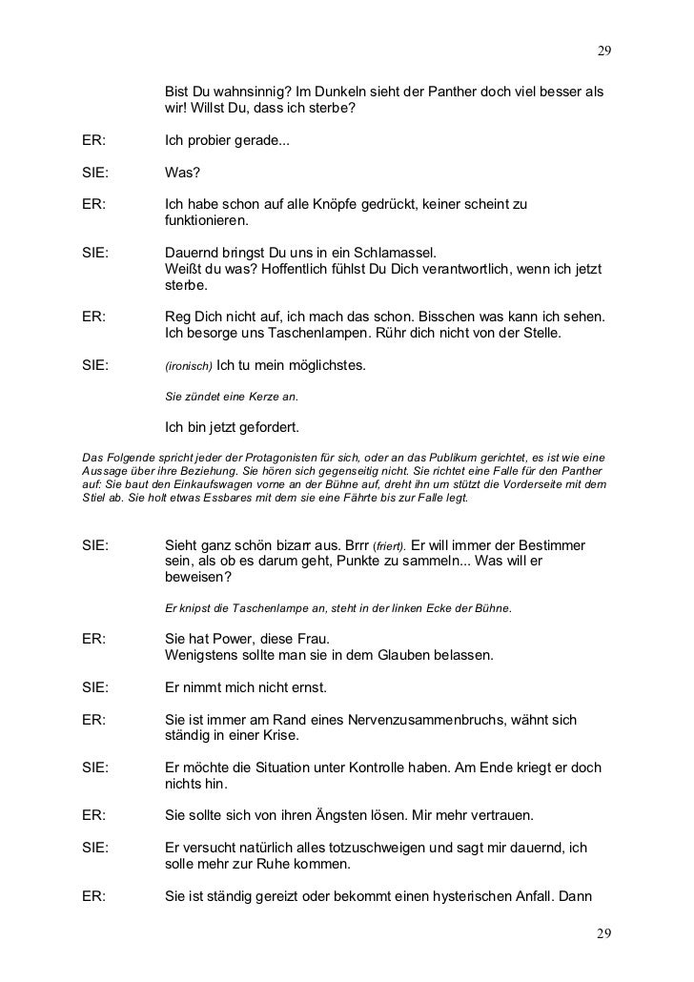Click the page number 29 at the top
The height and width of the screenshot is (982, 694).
(x=603, y=50)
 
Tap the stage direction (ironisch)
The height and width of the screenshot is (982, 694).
(x=191, y=366)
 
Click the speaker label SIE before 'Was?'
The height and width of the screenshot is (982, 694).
(x=95, y=174)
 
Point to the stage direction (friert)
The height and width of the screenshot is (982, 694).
(x=388, y=546)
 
